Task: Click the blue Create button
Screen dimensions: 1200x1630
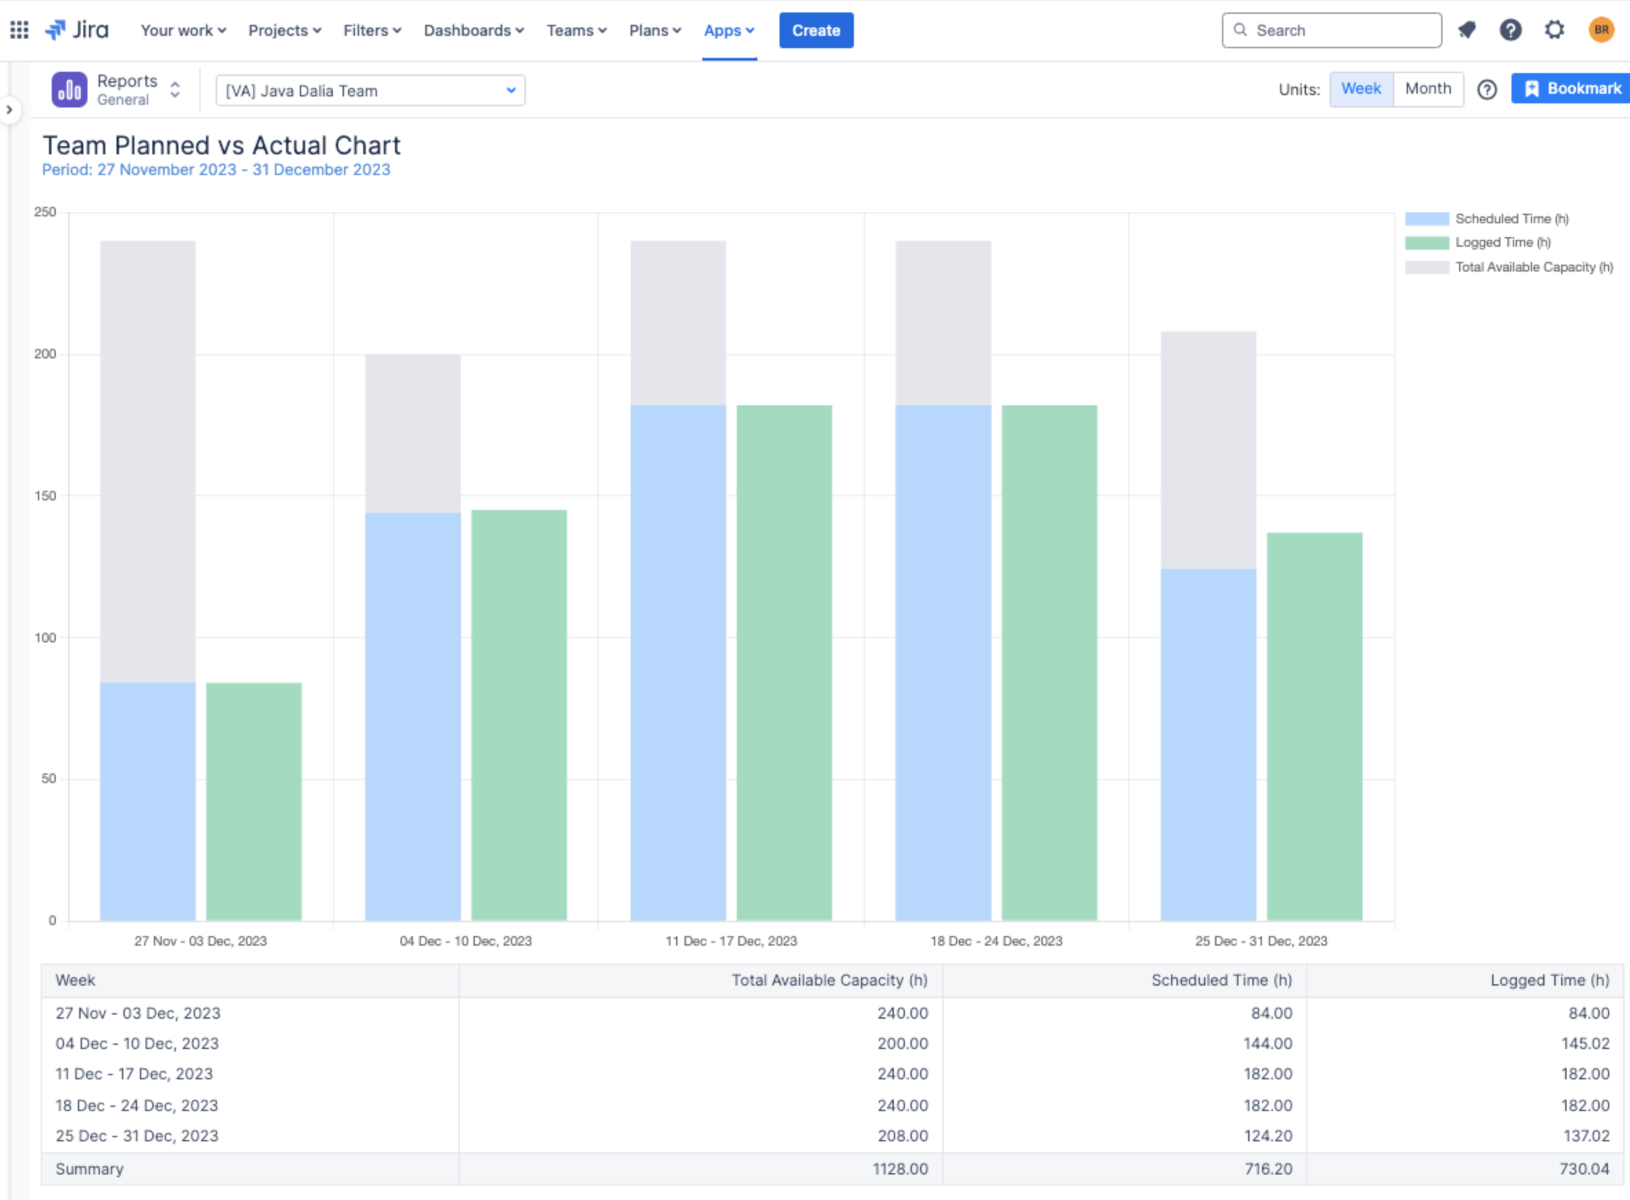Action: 816,30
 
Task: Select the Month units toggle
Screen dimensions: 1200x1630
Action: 1427,89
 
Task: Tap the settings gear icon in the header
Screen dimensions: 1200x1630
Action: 1553,30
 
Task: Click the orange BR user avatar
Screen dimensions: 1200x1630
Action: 1601,30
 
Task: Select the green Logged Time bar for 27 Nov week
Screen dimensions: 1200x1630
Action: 254,799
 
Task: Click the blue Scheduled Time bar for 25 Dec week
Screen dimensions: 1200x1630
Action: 1208,741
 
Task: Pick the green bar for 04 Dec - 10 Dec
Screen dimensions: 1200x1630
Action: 518,712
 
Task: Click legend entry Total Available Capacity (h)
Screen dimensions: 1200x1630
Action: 1533,267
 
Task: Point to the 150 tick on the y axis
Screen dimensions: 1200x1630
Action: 45,496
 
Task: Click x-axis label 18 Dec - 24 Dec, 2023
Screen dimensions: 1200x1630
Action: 996,941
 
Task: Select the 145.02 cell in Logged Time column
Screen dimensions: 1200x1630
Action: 1585,1043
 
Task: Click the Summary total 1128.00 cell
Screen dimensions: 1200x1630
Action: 900,1169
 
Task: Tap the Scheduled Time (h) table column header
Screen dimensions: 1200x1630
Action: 1221,980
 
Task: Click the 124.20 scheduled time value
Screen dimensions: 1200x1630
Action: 1267,1135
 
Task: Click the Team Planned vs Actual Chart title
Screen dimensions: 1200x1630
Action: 221,145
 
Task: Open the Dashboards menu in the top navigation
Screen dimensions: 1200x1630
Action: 473,30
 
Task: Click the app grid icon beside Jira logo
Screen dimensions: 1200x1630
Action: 19,30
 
